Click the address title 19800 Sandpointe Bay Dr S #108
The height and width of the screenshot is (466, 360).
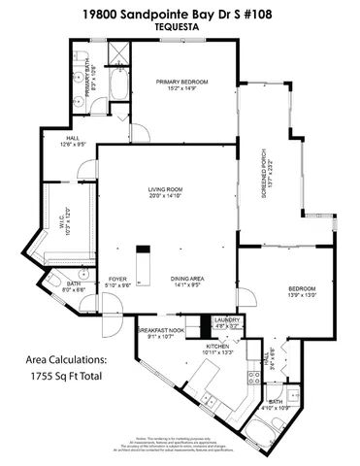pyautogui.click(x=180, y=15)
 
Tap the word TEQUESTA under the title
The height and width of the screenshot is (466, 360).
pyautogui.click(x=180, y=28)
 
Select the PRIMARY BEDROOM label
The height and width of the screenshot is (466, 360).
pyautogui.click(x=177, y=82)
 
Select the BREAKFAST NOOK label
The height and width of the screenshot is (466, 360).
pyautogui.click(x=157, y=333)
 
